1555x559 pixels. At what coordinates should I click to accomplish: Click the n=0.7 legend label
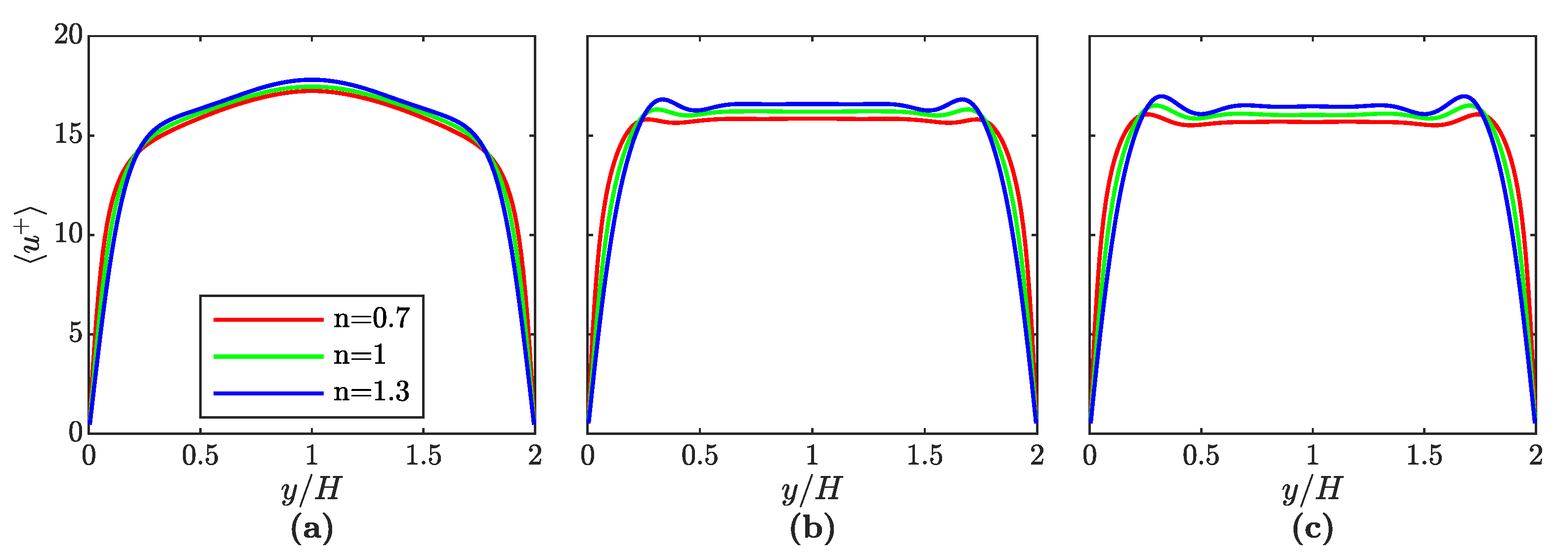371,318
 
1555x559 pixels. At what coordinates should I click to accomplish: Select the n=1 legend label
359,355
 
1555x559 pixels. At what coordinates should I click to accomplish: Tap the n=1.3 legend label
371,392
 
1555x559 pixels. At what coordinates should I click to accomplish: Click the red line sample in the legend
268,319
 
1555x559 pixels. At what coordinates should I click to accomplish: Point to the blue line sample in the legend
268,393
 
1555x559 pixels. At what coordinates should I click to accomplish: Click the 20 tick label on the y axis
68,35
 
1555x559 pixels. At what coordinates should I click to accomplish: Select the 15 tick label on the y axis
68,134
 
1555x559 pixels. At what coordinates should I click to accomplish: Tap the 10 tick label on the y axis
68,234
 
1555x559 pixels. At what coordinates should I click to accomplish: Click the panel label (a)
311,529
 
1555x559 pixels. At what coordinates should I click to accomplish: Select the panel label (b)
812,529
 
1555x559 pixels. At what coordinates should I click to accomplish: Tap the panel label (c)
1312,529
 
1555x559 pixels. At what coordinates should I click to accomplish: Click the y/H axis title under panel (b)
812,489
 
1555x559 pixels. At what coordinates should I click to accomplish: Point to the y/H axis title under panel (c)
1312,489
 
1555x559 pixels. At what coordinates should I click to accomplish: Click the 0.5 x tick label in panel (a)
200,456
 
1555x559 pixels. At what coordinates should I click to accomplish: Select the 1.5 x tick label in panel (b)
924,456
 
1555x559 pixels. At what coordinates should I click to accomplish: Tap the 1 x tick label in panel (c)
1312,456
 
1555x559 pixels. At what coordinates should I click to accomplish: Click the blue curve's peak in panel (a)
311,80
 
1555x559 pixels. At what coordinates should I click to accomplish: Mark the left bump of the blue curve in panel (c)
1160,96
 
